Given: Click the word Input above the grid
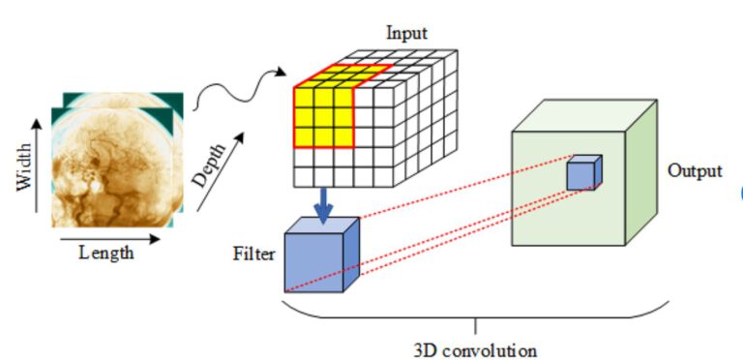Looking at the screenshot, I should click(x=406, y=33).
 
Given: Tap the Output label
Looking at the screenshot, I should click(x=695, y=171).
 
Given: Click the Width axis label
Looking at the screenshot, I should click(x=25, y=166).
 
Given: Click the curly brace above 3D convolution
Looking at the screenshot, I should click(x=474, y=314).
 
